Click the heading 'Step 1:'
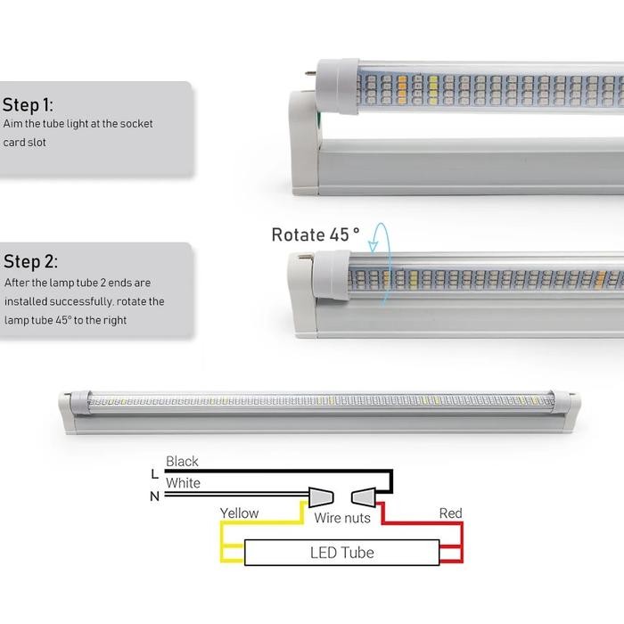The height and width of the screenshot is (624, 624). pos(28,103)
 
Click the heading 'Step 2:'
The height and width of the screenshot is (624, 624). pos(30,262)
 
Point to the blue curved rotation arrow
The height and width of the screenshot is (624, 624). pos(381,264)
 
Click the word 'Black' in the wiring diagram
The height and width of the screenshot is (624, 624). pos(182,462)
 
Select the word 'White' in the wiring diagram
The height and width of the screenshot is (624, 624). pos(183,483)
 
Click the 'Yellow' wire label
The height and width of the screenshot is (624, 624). pos(240,513)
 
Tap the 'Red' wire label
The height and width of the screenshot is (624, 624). pos(450,513)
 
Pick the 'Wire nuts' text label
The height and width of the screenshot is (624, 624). pos(342,518)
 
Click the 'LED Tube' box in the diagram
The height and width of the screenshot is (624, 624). pos(342,553)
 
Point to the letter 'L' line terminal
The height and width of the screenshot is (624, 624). pos(154,472)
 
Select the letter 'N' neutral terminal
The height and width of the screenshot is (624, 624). pos(154,496)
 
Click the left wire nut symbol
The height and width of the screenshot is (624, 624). pos(320,496)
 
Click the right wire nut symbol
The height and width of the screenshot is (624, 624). pos(365,496)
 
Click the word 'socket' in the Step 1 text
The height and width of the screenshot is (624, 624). pos(134,124)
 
